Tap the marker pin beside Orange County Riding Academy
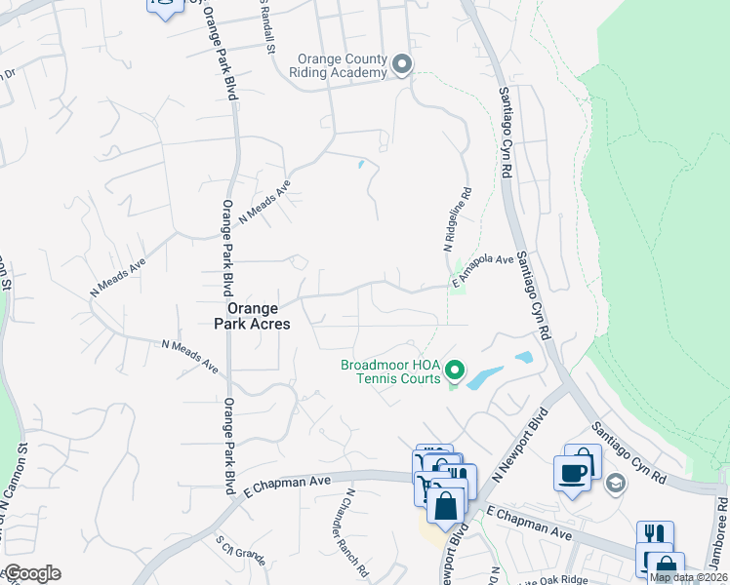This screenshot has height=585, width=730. (x=402, y=65)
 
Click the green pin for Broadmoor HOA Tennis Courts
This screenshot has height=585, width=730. (x=454, y=370)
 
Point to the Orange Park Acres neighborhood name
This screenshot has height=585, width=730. (x=252, y=315)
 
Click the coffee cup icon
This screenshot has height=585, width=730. (x=573, y=472)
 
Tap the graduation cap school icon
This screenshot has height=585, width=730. (x=615, y=483)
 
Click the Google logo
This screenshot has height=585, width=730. (x=31, y=573)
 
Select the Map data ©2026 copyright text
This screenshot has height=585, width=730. (x=689, y=577)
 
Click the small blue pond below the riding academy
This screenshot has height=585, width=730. (x=361, y=165)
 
